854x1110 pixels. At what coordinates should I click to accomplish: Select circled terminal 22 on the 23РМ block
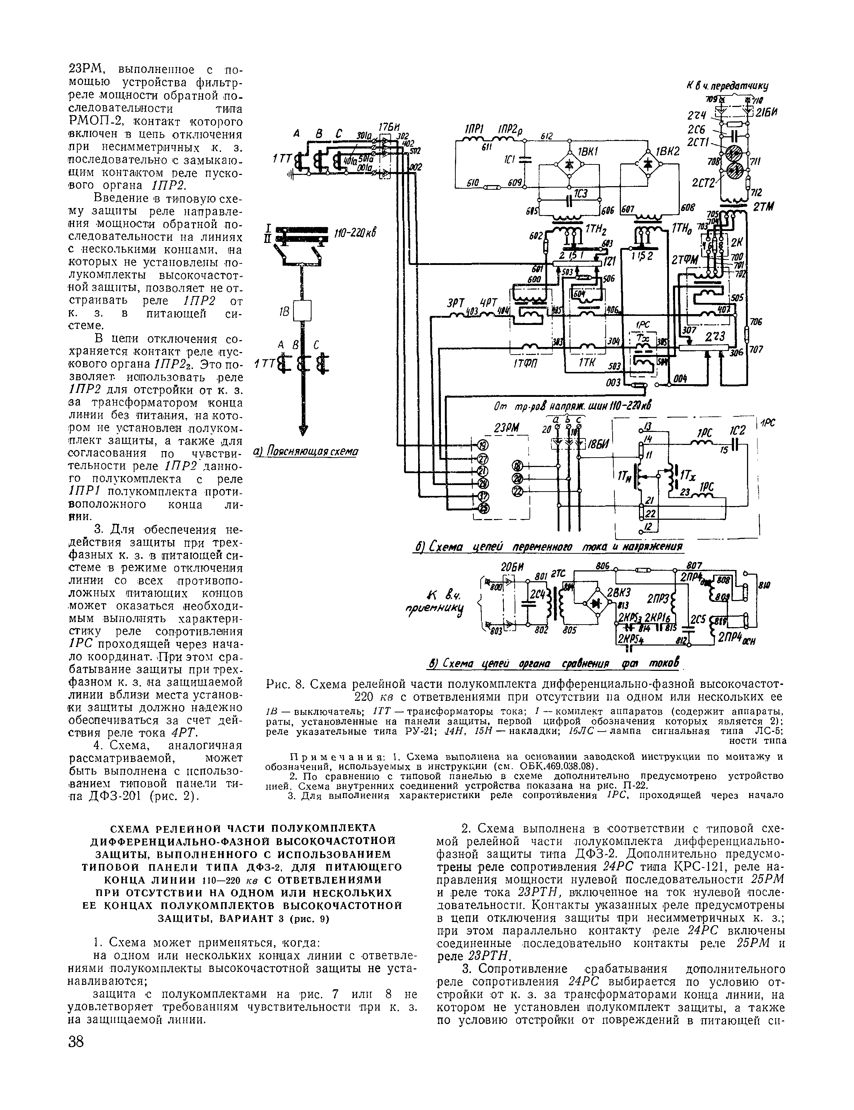click(x=518, y=492)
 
